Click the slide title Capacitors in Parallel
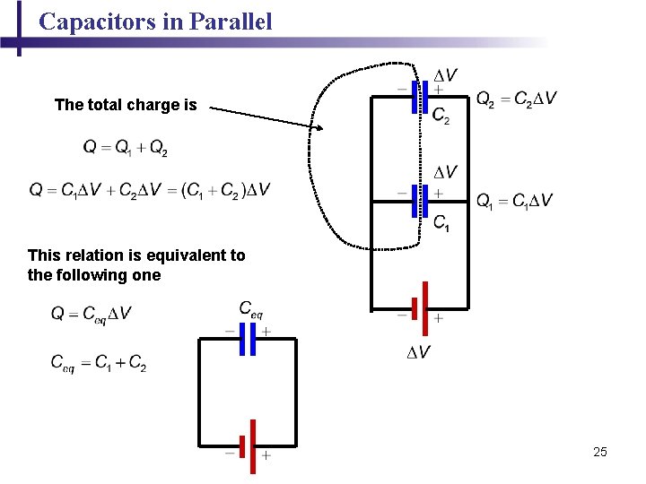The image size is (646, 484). click(155, 22)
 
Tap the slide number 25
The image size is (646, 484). click(600, 452)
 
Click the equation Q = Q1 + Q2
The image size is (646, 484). click(124, 146)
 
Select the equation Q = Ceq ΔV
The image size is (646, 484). click(92, 313)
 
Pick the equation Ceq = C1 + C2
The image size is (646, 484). click(98, 362)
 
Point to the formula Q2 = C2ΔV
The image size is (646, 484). click(516, 98)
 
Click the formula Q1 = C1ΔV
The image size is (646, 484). click(515, 200)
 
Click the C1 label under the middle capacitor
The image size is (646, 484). click(441, 223)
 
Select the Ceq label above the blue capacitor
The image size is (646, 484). click(251, 308)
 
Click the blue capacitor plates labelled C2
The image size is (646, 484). click(419, 97)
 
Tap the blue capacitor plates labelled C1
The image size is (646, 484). click(419, 200)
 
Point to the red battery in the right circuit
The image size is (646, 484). click(419, 307)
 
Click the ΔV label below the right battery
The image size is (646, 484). click(418, 352)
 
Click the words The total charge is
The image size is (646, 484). click(126, 105)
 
